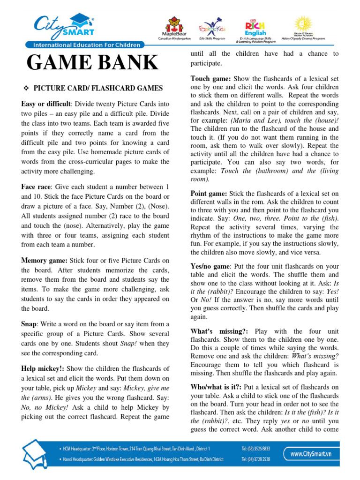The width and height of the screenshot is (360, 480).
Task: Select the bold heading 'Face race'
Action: coord(37,187)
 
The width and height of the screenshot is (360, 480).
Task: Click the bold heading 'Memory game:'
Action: coord(45,260)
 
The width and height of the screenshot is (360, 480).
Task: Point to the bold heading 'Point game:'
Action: coord(209,194)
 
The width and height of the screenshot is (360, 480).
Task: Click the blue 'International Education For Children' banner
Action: coord(86,45)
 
